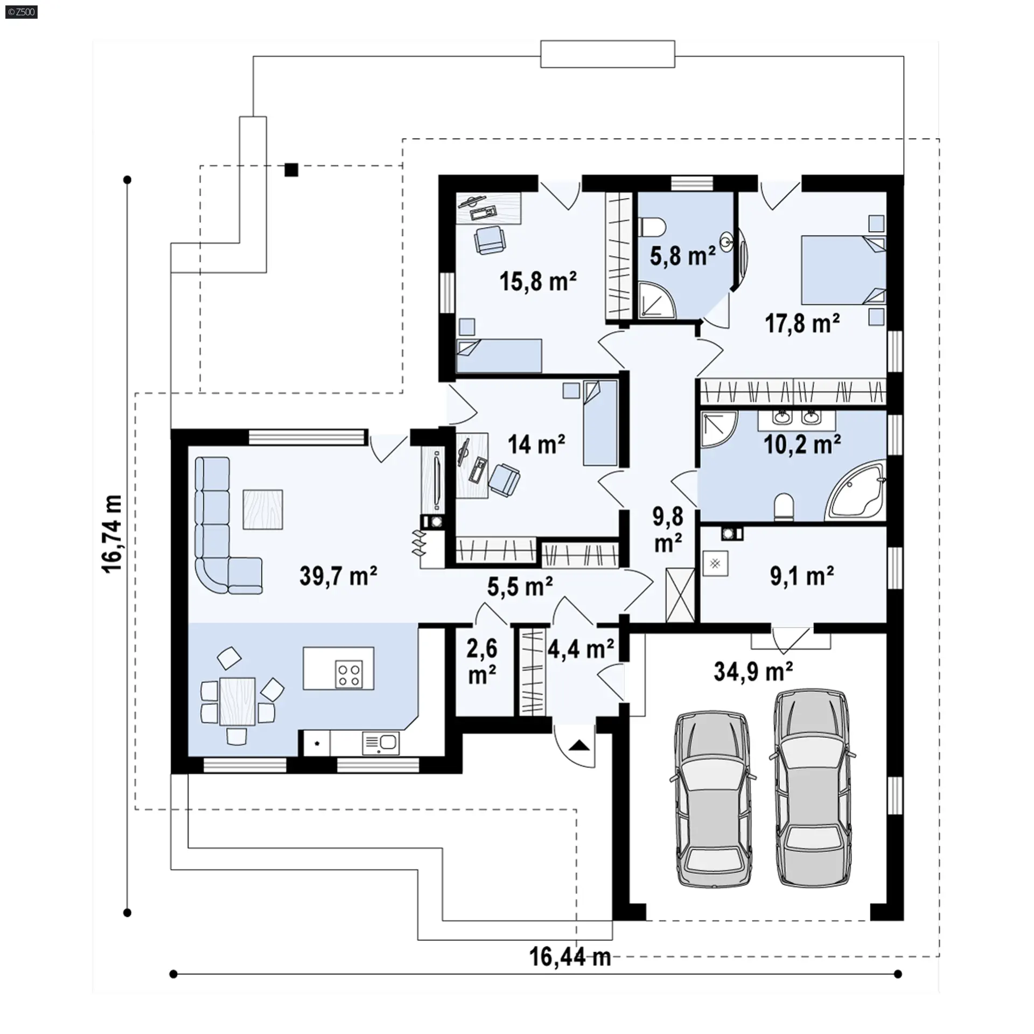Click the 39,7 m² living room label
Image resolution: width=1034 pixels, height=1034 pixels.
point(338,576)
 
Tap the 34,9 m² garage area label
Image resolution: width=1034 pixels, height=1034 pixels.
point(753,671)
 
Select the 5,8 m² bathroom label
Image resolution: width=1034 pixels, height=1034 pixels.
point(683,256)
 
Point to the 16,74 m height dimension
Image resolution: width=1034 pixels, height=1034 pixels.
point(113,534)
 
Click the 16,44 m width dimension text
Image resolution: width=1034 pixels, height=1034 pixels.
point(570,957)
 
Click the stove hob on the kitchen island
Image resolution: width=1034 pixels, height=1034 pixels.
point(348,674)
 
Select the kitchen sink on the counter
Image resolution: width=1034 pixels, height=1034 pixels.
point(381,743)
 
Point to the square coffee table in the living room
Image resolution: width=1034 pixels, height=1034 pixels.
point(263,509)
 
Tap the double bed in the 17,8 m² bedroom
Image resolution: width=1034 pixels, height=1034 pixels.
point(843,270)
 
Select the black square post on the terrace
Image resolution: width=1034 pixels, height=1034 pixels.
point(291,170)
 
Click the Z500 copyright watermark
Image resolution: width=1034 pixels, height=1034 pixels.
point(22,12)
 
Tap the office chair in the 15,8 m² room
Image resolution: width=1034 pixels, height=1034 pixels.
point(490,240)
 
